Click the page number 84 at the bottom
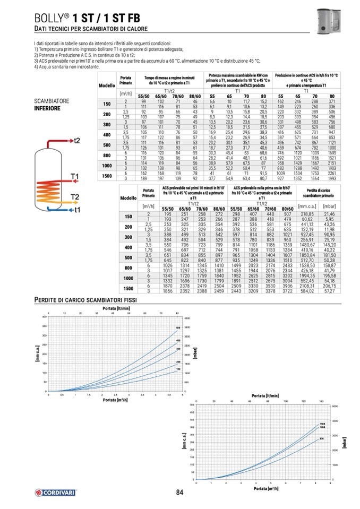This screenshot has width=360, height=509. coord(179,492)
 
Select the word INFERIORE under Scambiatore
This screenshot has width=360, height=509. coord(48,108)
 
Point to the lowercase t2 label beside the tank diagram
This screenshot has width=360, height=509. coord(77,140)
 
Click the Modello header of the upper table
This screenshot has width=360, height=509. coord(107,85)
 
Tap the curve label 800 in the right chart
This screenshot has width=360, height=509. coord(322,438)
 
